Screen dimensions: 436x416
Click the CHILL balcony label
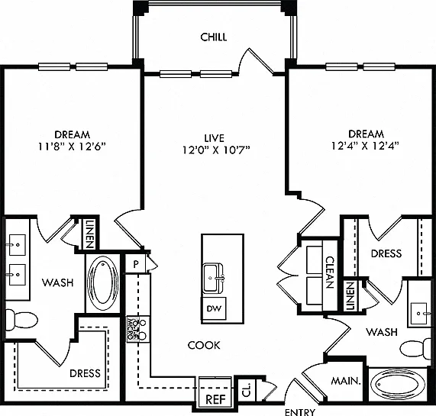tap(214, 37)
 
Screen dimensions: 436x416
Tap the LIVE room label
tap(214, 138)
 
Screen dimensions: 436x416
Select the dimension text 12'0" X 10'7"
tap(216, 150)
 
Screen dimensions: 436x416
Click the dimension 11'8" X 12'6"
tap(72, 146)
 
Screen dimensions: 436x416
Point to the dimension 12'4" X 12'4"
tap(366, 146)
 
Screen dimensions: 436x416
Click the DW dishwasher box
tap(214, 308)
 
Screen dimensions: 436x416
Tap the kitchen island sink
tap(213, 278)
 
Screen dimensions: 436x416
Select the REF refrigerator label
tap(215, 400)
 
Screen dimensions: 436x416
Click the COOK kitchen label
tap(204, 345)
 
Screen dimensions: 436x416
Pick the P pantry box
tap(135, 263)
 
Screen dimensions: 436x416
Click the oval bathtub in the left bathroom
tap(102, 283)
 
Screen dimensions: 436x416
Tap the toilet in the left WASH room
tap(21, 320)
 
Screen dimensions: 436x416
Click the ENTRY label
tap(300, 412)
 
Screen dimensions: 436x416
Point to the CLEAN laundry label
tap(330, 272)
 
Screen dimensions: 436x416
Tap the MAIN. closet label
tap(346, 381)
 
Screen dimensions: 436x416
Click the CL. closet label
tap(247, 389)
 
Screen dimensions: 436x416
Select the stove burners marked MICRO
tap(137, 329)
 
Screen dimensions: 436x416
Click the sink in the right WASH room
tap(418, 314)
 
